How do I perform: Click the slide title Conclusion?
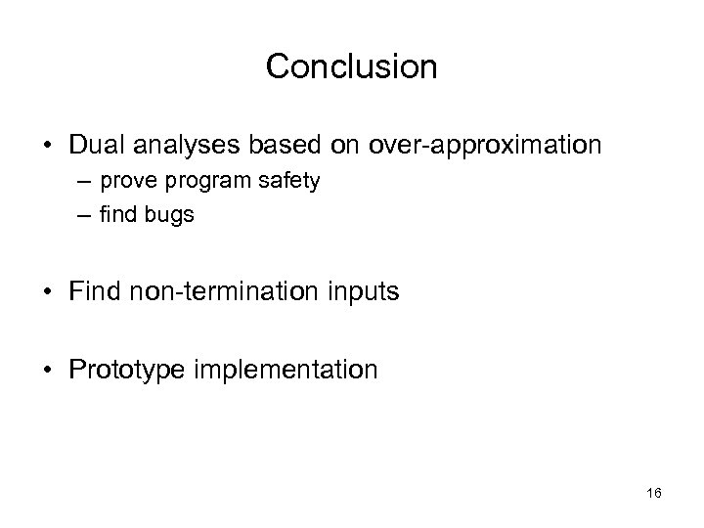pos(351,66)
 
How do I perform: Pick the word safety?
pos(291,183)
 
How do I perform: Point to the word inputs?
pos(360,291)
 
